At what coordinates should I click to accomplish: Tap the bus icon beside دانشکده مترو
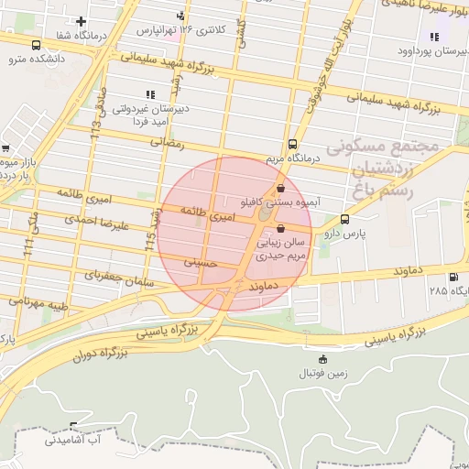click(36, 45)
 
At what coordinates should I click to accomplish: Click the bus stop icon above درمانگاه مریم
click(292, 144)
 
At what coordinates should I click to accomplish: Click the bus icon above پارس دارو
click(344, 219)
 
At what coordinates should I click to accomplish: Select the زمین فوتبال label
click(321, 374)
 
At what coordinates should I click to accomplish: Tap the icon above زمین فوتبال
click(321, 358)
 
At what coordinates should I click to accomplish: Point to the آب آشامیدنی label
click(77, 441)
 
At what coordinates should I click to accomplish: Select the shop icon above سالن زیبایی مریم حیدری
click(280, 229)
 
